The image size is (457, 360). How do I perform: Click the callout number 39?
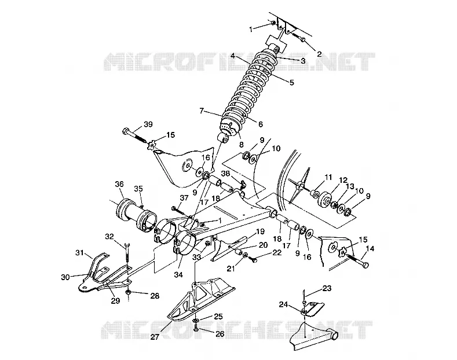(148, 124)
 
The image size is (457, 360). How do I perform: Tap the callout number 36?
(119, 184)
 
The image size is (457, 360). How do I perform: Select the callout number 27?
(155, 337)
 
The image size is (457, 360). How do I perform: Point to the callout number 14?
(370, 248)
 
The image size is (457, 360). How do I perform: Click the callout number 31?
(80, 252)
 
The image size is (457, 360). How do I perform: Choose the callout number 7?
(202, 111)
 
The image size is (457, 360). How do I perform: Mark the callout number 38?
(225, 174)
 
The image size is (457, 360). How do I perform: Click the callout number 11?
(328, 177)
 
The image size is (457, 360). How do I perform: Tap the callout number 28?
(155, 296)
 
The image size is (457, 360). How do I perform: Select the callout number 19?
(260, 232)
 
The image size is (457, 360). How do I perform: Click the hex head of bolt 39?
(126, 131)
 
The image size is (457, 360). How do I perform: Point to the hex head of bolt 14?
(366, 265)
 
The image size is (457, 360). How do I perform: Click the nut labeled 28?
(129, 292)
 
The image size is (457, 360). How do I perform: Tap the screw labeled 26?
(196, 328)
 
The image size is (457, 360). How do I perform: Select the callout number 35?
(138, 189)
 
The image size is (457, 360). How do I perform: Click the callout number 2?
(319, 54)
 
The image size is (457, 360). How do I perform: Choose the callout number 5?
(292, 82)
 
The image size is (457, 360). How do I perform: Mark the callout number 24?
(283, 304)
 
